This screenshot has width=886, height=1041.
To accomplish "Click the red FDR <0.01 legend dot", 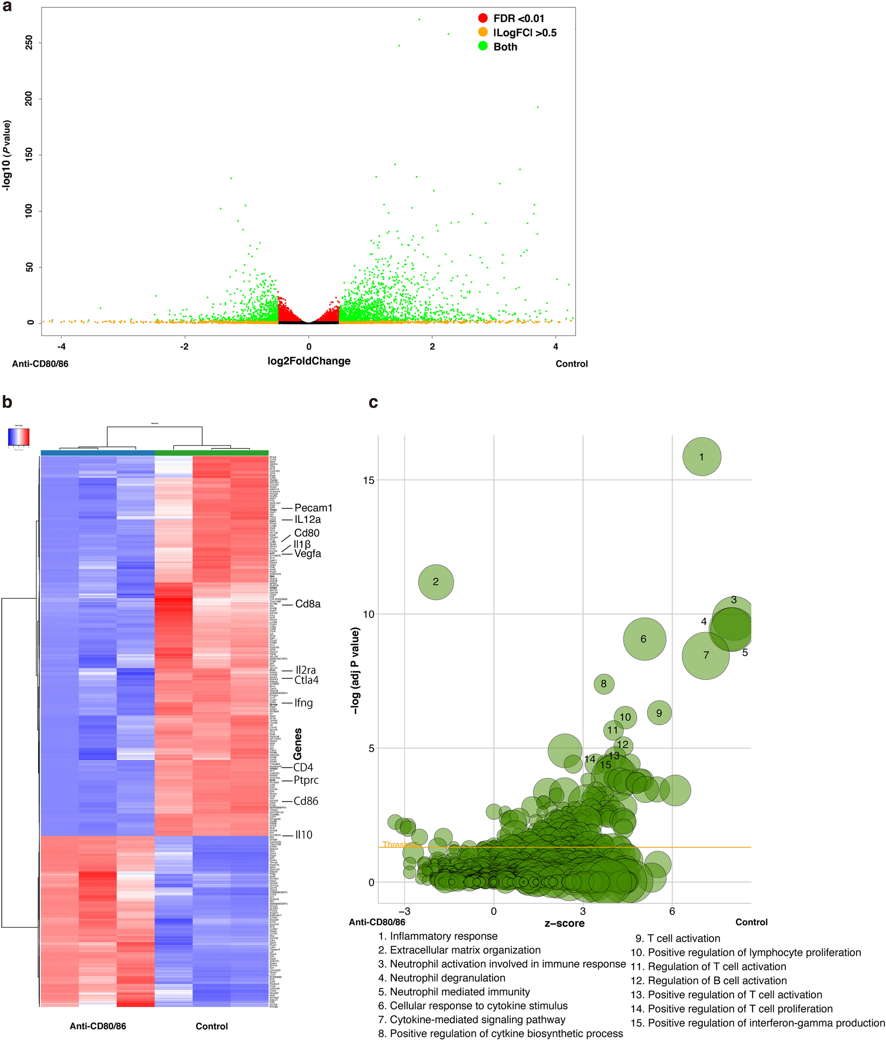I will coord(483,19).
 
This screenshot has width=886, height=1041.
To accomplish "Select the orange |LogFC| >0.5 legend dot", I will coord(483,33).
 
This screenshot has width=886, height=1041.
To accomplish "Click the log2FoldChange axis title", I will coord(309,361).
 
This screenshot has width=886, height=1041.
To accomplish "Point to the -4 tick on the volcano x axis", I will coord(61,347).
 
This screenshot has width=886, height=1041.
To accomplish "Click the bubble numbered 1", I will coord(702,457).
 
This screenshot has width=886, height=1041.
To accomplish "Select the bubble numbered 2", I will coord(436,582).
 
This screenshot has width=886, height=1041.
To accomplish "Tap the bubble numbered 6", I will coord(644,639).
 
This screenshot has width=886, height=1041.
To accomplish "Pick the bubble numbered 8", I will coord(604,684).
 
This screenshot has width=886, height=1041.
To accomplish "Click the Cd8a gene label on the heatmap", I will coord(307,604).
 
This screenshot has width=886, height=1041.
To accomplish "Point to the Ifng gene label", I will coord(304,703).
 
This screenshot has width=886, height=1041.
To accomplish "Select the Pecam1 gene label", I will coord(313,508).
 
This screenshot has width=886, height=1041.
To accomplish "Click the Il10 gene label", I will coord(304,835).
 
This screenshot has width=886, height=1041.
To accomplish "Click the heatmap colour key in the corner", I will coord(19,437).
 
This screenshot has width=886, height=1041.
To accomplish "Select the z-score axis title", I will coord(565,923).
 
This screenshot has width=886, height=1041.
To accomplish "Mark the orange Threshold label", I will coord(400,845).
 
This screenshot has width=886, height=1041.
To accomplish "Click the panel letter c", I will coord(373,403).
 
